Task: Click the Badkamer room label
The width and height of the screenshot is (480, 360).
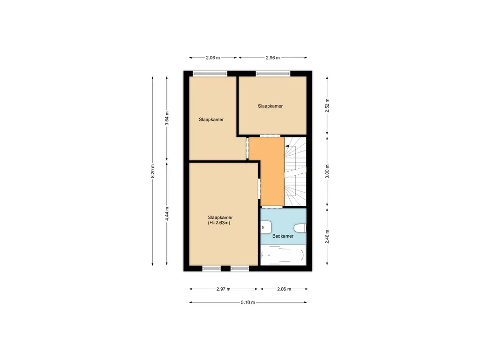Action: pos(283,236)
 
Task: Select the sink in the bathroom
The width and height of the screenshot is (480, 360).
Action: pos(265,228)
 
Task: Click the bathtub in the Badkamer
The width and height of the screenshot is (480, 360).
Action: pos(283,256)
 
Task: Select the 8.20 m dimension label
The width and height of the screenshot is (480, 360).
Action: pos(152,172)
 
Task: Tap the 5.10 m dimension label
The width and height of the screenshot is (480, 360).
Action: pos(248,302)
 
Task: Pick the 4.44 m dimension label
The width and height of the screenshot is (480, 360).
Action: pos(167,213)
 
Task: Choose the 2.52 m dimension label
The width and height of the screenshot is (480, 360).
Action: pos(327,104)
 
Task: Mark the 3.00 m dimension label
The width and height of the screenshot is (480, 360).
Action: pos(327,171)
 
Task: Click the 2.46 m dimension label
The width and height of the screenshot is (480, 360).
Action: pos(327,236)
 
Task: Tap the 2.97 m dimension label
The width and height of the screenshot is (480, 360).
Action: pos(224,289)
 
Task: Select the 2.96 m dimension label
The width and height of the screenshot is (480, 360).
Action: pos(272,58)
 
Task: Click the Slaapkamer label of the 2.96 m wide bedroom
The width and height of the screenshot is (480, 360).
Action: pos(270,106)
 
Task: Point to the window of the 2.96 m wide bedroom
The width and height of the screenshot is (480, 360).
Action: pos(272,73)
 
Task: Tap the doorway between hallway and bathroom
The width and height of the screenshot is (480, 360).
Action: pos(272,207)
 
